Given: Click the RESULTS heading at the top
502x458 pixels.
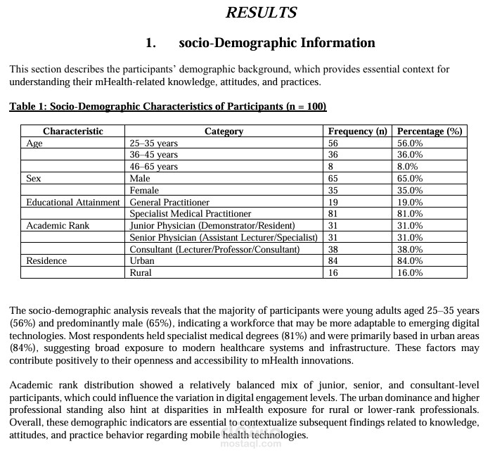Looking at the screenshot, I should point(261,13).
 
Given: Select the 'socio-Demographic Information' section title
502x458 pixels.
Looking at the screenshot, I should point(277,43).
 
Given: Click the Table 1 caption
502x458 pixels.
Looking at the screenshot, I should point(167,107).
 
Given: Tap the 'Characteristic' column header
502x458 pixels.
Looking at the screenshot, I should point(73,132).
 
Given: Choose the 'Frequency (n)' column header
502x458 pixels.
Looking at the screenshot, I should point(357,132).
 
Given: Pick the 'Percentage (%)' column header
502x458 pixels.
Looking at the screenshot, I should point(430,132).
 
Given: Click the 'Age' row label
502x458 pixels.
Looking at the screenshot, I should point(34,143).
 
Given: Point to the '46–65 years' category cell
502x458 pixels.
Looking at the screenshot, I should point(154,167).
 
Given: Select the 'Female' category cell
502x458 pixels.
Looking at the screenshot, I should point(145,191).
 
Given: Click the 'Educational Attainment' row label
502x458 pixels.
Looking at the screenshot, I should point(73,203).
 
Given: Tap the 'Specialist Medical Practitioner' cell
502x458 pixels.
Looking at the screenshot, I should point(191,214).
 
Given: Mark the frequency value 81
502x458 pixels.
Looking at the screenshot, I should point(333,214).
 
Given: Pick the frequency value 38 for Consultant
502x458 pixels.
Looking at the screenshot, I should point(333,250).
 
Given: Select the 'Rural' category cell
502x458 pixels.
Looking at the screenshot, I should point(141,273).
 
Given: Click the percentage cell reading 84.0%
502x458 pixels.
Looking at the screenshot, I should point(410,261).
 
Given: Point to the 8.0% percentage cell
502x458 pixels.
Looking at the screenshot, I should point(408,167).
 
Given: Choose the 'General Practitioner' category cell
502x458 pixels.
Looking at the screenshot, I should point(169,203).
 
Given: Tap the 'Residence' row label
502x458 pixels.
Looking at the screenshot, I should point(46,261).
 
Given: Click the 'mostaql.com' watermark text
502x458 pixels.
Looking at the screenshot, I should point(250,444).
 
